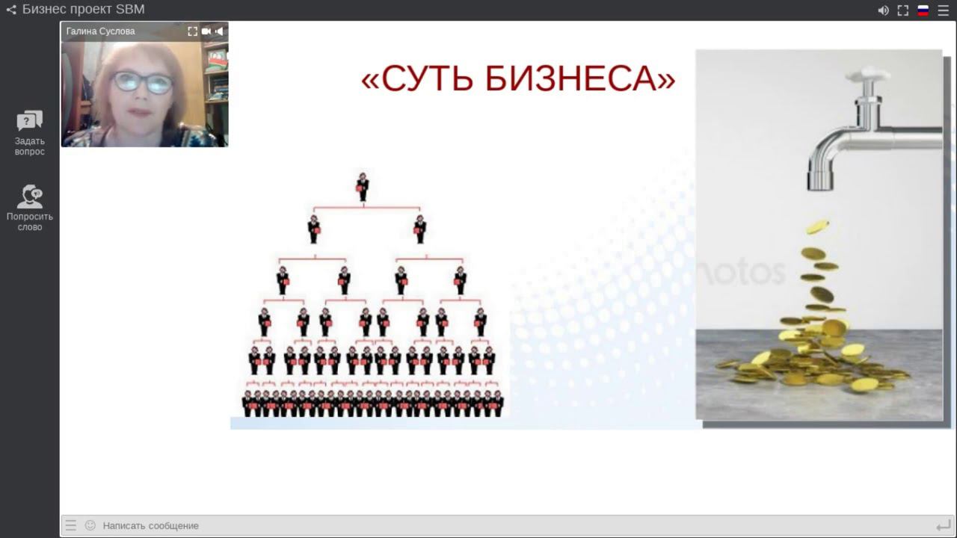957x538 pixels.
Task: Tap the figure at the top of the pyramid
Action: click(363, 187)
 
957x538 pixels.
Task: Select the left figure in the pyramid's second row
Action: click(314, 229)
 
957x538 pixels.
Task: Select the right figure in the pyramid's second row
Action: click(420, 229)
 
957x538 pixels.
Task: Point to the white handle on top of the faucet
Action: click(868, 74)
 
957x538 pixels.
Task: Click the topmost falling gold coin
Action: click(817, 226)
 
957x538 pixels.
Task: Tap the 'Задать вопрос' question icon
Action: click(30, 121)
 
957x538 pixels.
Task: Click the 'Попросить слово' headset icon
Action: click(30, 197)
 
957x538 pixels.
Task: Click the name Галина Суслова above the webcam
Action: click(100, 31)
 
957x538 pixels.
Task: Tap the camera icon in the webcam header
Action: click(206, 31)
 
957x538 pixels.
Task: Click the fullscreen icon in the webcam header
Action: click(192, 31)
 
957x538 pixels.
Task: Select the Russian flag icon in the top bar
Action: click(923, 10)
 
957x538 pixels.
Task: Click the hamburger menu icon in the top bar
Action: click(943, 10)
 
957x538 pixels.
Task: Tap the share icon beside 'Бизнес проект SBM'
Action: click(11, 10)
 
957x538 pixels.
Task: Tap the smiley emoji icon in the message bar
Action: click(90, 525)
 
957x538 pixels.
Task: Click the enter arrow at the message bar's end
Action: click(943, 525)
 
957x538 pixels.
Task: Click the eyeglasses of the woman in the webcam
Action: click(143, 82)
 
